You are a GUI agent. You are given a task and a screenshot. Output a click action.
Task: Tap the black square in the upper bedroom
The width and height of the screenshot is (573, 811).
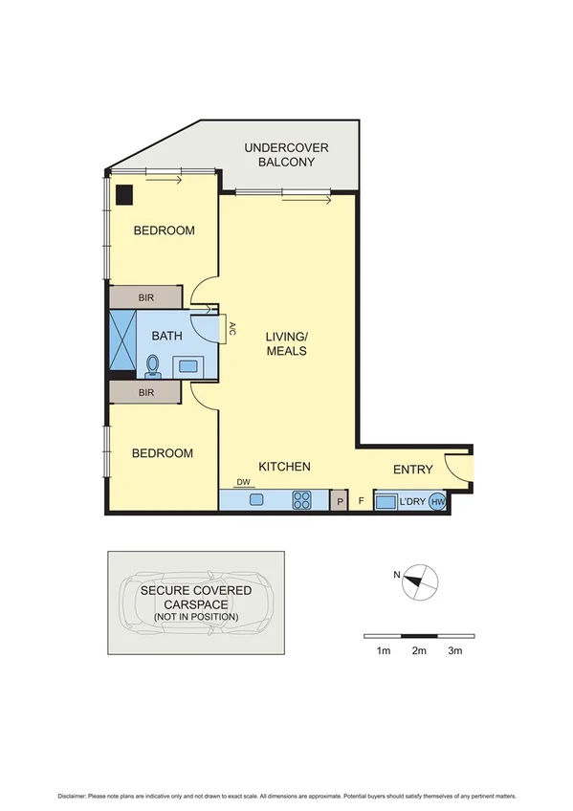(124, 193)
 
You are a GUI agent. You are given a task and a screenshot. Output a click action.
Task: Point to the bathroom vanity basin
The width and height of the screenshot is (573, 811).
(187, 365)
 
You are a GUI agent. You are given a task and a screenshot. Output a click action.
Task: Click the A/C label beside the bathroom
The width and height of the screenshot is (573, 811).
(231, 330)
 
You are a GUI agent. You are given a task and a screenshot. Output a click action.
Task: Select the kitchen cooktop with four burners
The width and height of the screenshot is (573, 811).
(301, 499)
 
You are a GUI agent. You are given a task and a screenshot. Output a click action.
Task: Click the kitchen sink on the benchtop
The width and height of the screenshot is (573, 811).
(256, 499)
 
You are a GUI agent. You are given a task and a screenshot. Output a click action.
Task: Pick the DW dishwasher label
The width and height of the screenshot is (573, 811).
(242, 484)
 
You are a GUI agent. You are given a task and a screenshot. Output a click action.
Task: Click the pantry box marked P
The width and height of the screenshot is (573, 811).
(339, 500)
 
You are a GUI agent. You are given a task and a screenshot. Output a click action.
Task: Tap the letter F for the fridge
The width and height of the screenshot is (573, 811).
(361, 500)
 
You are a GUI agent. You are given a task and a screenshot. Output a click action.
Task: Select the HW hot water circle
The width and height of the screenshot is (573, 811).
(437, 501)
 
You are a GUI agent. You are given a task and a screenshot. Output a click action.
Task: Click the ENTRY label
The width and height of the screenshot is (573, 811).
(413, 470)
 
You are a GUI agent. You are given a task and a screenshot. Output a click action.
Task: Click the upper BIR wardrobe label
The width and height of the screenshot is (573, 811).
(145, 297)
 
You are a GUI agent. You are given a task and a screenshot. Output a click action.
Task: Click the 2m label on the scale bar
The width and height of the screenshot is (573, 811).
(418, 650)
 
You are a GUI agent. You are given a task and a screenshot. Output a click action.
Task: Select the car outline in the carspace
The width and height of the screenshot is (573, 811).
(196, 603)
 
